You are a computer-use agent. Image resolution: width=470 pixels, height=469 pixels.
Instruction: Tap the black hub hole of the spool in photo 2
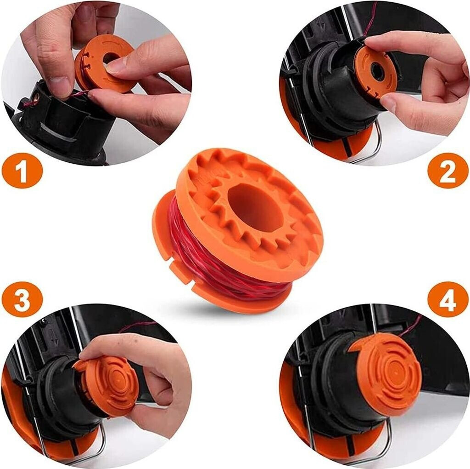[x=377, y=71]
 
